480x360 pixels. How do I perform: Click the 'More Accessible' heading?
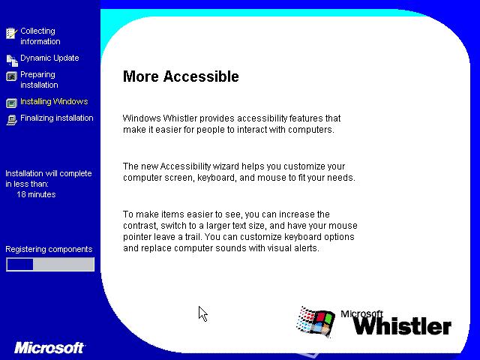tap(181, 76)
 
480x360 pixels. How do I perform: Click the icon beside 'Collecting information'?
tap(12, 33)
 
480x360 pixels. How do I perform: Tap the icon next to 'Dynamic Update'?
tap(12, 60)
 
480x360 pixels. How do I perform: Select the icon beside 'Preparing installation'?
tap(12, 76)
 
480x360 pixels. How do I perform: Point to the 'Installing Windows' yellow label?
tap(54, 102)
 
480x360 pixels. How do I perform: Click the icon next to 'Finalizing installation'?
tap(12, 120)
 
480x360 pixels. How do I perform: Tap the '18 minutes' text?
tap(36, 194)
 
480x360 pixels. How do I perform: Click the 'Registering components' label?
tap(49, 249)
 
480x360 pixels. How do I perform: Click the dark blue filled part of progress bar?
tap(20, 265)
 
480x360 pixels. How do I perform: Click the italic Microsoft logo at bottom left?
tap(49, 348)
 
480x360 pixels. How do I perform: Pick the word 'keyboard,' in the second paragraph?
tap(217, 178)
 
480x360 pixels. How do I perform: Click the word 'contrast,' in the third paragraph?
tap(140, 226)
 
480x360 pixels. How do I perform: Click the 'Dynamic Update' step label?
tap(49, 58)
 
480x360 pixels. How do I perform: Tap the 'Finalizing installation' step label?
tap(57, 118)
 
